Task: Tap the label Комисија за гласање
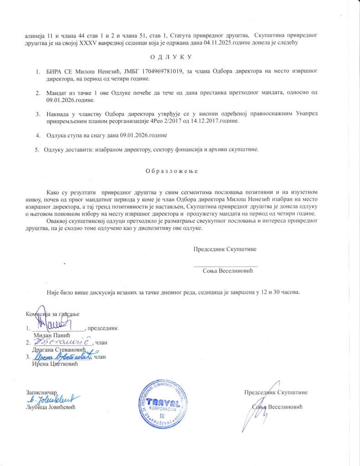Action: point(52,314)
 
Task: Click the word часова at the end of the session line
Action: point(289,292)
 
